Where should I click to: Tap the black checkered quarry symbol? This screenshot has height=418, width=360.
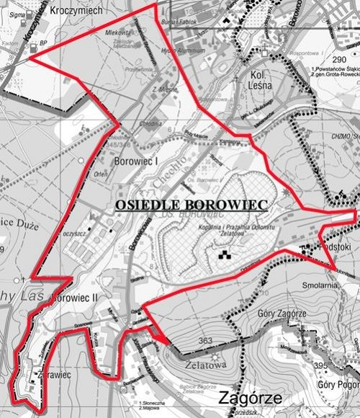tap(224, 254)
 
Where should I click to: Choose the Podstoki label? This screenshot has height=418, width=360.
tap(333, 248)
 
